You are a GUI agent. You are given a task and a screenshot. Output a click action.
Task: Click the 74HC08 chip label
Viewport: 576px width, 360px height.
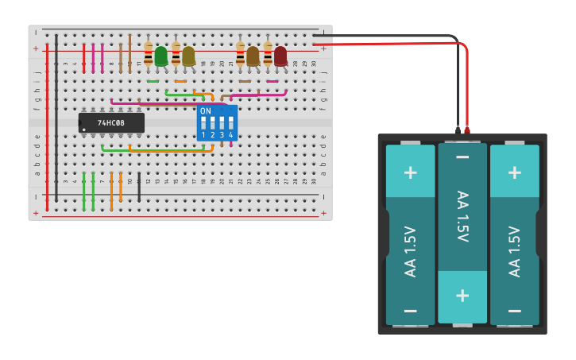tap(111, 123)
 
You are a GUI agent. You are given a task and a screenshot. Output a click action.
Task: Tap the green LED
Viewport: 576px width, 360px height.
tap(160, 56)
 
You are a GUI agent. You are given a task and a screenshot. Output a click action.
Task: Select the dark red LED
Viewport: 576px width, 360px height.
tap(280, 56)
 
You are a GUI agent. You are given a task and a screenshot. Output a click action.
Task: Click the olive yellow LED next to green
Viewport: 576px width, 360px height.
tap(188, 56)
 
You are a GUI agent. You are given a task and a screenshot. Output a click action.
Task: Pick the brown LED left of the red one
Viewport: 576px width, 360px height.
tap(253, 56)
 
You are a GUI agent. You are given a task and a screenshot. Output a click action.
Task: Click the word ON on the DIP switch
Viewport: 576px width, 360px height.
tap(206, 111)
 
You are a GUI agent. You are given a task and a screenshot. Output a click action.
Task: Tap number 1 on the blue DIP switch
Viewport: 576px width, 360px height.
tap(203, 135)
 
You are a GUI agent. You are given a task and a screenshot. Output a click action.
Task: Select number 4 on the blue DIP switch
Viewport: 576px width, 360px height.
tap(231, 135)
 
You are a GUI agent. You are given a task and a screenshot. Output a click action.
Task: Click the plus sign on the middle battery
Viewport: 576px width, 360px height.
tap(462, 296)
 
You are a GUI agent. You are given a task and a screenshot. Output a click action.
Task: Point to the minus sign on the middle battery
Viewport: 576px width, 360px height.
tap(462, 157)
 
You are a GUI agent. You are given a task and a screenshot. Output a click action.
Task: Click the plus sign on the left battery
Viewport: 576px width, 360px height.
tap(410, 172)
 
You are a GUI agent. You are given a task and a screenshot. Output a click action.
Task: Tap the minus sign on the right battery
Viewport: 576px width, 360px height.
tap(515, 311)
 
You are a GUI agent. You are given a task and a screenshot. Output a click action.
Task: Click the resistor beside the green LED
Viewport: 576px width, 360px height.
tap(148, 54)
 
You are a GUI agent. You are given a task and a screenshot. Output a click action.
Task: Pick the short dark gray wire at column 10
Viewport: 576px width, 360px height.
tap(139, 187)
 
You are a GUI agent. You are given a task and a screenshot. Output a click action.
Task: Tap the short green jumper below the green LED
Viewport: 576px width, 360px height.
tap(153, 81)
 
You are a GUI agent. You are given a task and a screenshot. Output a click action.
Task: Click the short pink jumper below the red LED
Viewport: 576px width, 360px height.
tap(273, 81)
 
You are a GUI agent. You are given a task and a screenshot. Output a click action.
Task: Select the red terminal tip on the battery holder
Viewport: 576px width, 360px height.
tap(467, 129)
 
